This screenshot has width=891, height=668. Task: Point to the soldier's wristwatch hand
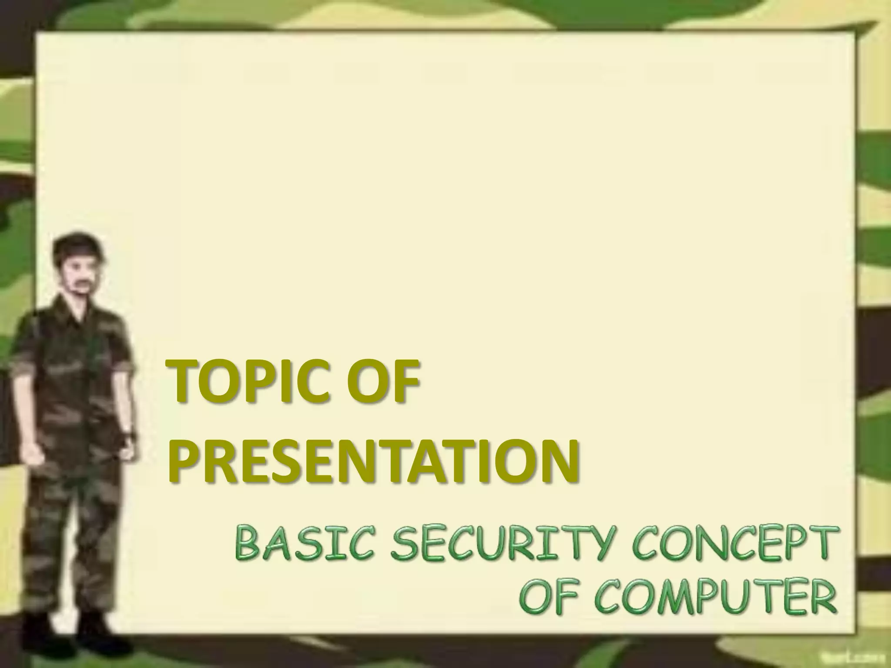click(127, 448)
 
